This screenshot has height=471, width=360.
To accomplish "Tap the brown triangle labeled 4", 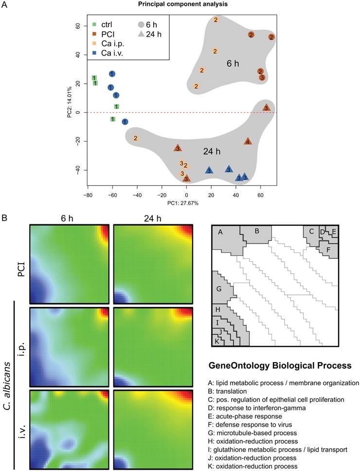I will tap(248, 141).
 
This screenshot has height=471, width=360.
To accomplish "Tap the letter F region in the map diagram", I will tap(328, 250).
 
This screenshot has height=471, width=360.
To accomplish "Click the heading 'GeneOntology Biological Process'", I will tap(280, 365).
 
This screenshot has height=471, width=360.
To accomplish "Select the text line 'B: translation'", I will tap(233, 391).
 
